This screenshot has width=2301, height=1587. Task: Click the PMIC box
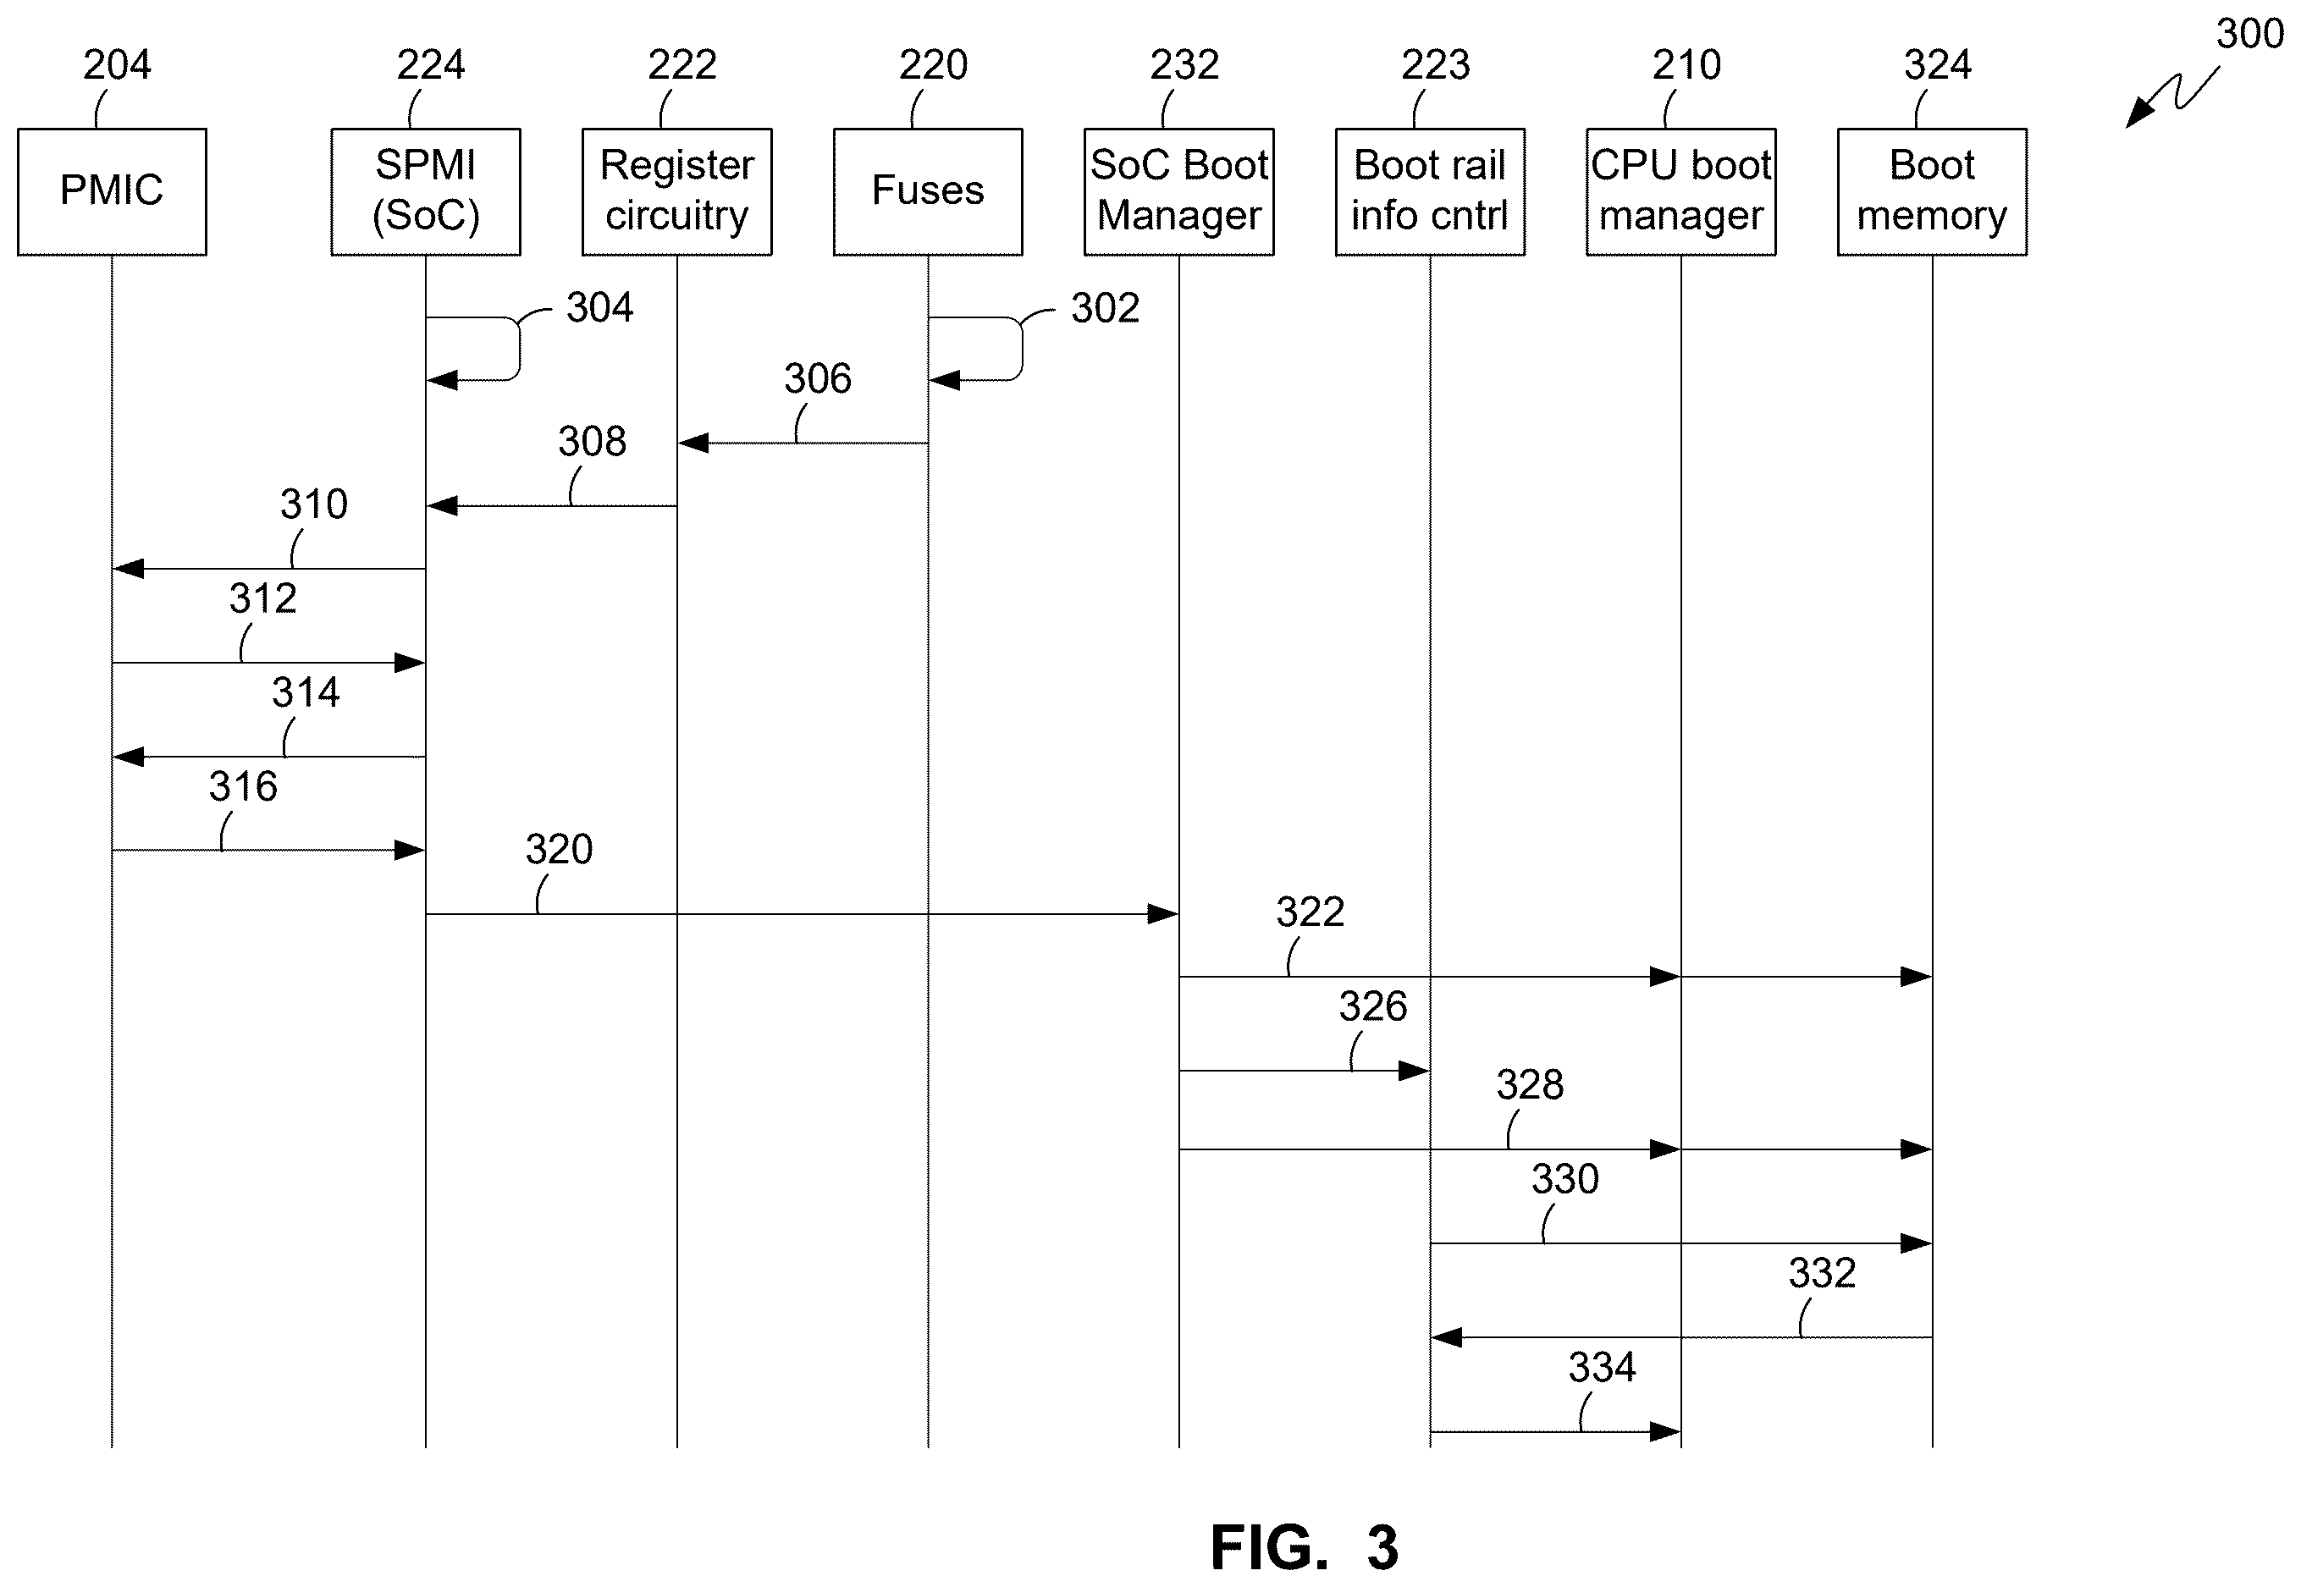(x=113, y=192)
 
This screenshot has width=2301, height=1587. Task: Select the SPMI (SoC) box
(x=426, y=192)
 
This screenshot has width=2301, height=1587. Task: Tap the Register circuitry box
(x=677, y=192)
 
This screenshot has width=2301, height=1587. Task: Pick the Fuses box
(x=928, y=192)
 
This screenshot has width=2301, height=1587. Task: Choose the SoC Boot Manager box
(x=1179, y=192)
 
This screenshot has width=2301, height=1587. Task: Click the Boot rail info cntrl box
(x=1430, y=192)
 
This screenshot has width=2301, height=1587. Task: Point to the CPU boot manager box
(x=1681, y=192)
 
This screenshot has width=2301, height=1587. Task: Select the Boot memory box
(x=1932, y=192)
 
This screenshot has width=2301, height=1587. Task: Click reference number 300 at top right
(x=2249, y=34)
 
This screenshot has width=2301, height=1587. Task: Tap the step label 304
(x=599, y=307)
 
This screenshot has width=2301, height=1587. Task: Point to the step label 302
(x=1105, y=308)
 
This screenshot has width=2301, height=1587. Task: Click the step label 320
(x=559, y=849)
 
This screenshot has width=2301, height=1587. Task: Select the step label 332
(x=1822, y=1273)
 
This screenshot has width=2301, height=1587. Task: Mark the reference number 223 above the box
(x=1435, y=64)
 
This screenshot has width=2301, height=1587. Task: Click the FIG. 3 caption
(x=1305, y=1547)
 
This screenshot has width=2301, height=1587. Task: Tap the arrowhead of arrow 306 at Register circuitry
(x=693, y=444)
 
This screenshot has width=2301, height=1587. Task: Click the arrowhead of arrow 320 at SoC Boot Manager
(x=1163, y=914)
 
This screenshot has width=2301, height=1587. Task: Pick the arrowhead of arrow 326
(x=1414, y=1071)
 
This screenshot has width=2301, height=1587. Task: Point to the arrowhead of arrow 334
(x=1665, y=1432)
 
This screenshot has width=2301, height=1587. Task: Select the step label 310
(x=313, y=504)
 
